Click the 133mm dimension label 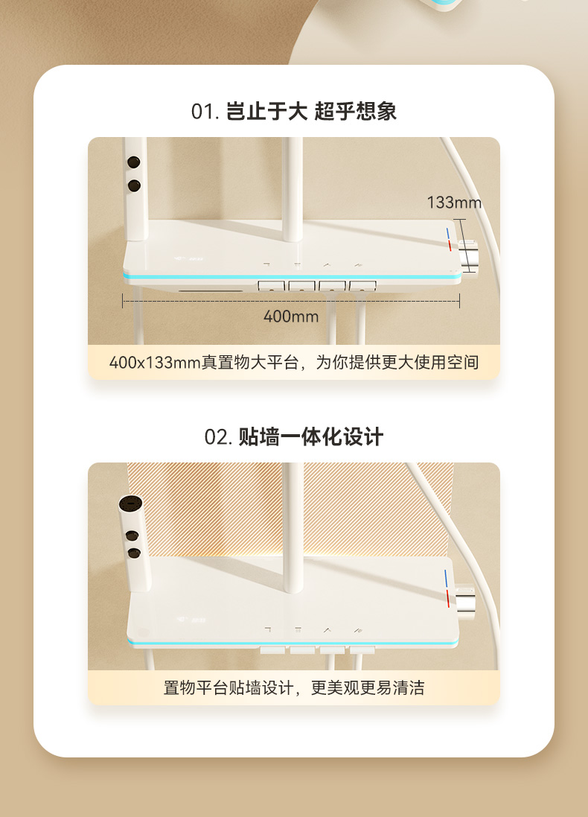pos(454,203)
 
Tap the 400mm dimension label pos(290,317)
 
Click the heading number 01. pos(205,112)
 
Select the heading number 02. pos(218,437)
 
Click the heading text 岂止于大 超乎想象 pos(311,112)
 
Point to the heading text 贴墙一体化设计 pos(311,437)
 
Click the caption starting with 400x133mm pos(294,362)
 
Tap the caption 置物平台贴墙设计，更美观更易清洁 pos(294,687)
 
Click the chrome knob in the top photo pos(467,259)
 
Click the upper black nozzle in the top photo pos(134,162)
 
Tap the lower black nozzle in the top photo pos(134,185)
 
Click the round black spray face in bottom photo pos(130,505)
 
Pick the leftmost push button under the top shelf pos(272,286)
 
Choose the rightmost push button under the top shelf pos(362,286)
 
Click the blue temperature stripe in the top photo pos(447,232)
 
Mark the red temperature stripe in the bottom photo pos(448,599)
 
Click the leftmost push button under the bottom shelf pos(272,650)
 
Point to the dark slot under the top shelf pos(211,290)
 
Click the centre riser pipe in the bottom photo pos(293,527)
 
